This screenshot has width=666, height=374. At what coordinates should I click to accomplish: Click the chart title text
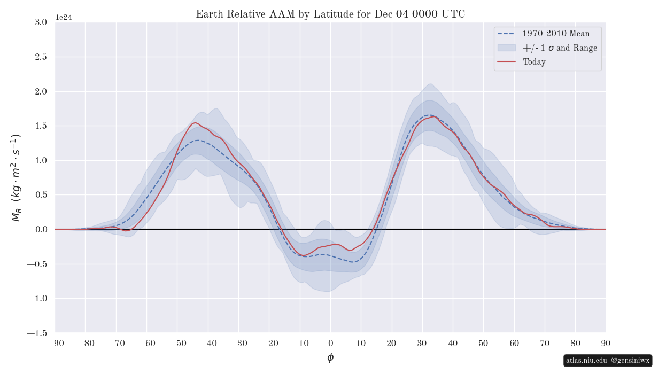pos(330,14)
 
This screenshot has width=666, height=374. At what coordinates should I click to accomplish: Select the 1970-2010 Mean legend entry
pos(556,34)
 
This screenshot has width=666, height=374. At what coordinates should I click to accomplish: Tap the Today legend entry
pos(534,62)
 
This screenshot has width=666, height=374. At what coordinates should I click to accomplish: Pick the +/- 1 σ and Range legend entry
pos(560,48)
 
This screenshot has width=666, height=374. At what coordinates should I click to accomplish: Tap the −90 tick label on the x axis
pos(55,343)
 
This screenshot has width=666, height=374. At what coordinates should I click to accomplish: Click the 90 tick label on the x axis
pos(606,343)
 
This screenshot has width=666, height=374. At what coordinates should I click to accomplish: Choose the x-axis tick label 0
pos(330,343)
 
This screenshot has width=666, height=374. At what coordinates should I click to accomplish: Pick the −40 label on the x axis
pos(208,343)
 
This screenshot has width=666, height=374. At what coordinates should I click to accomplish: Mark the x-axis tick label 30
pos(422,343)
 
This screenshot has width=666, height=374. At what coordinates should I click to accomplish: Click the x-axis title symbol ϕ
pos(330,357)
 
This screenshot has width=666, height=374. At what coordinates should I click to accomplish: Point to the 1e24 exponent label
pos(64,18)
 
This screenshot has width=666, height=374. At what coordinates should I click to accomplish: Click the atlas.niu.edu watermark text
pos(586,361)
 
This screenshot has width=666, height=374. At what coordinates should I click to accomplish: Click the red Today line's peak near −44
pos(195,123)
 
